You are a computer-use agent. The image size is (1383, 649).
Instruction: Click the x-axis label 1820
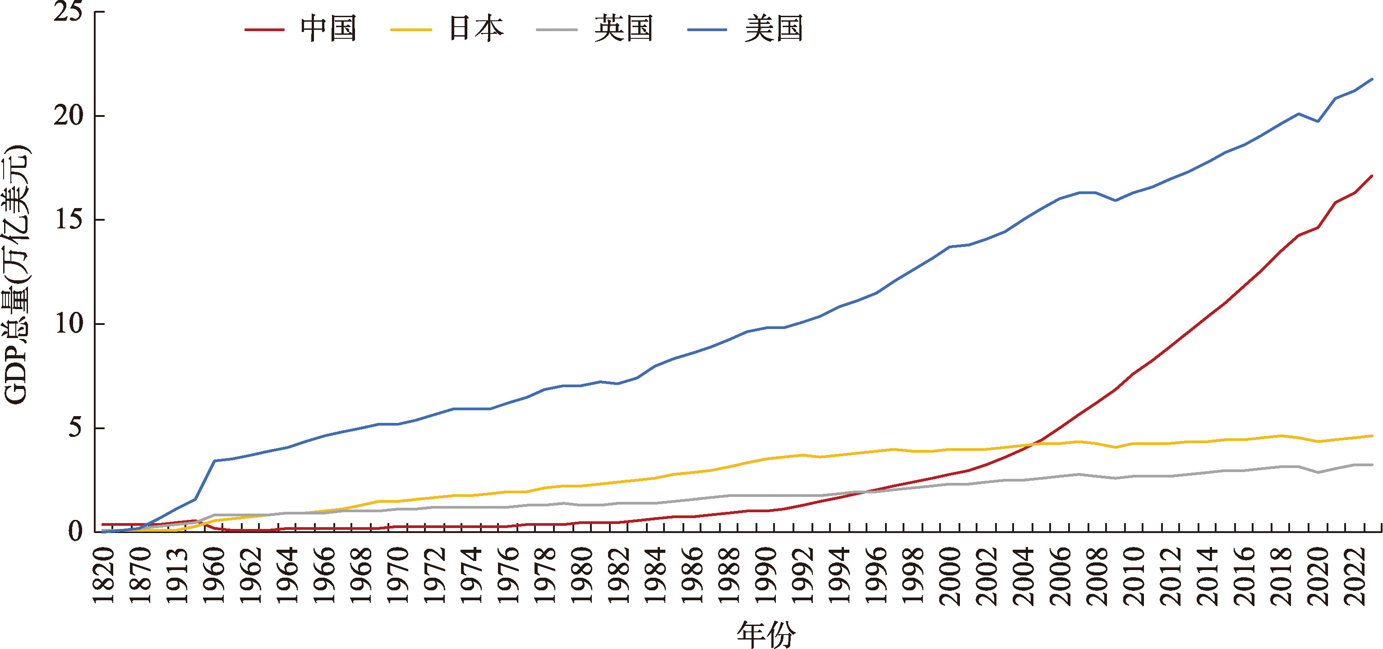(x=104, y=576)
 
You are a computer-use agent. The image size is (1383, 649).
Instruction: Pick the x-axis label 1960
(x=214, y=576)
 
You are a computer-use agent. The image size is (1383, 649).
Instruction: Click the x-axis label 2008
(x=1097, y=576)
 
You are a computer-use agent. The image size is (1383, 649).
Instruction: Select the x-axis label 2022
(x=1355, y=576)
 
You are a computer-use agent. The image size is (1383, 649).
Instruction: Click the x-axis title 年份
(x=765, y=635)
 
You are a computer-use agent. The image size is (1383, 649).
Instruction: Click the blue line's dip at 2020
(x=1318, y=121)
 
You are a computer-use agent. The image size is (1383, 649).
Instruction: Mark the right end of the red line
(x=1372, y=176)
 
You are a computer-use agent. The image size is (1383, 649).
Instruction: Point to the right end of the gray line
(x=1372, y=465)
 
